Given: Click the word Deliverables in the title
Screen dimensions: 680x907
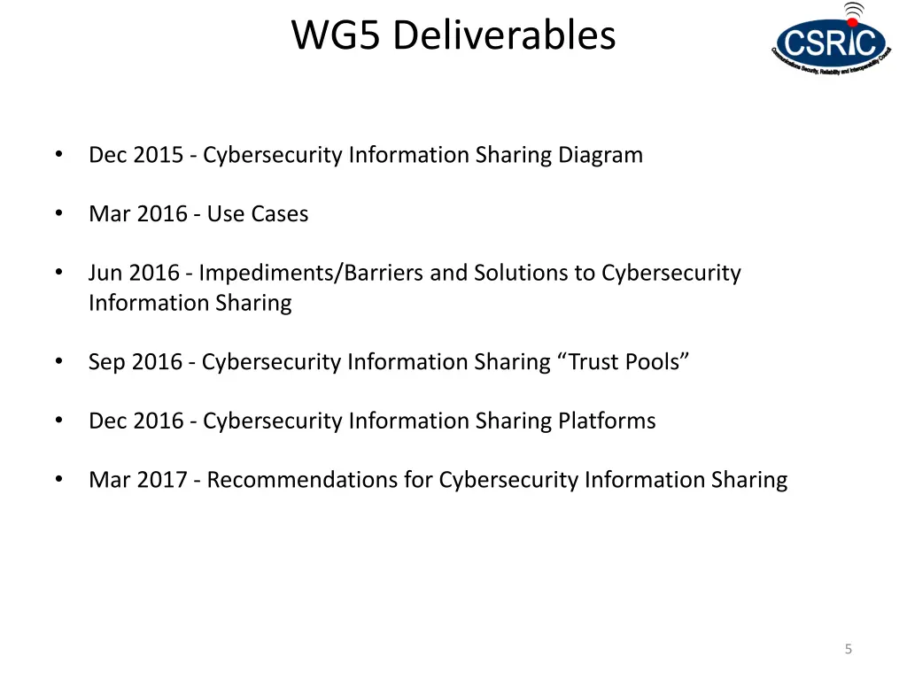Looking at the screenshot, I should pyautogui.click(x=504, y=36).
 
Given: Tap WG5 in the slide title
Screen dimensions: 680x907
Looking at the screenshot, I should pyautogui.click(x=338, y=36).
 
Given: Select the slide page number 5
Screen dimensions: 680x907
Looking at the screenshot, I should pyautogui.click(x=848, y=649).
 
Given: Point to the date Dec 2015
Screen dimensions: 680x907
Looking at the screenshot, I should pyautogui.click(x=136, y=155).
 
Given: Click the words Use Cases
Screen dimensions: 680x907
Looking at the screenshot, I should pyautogui.click(x=258, y=214).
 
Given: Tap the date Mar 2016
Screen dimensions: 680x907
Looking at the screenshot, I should pyautogui.click(x=137, y=214).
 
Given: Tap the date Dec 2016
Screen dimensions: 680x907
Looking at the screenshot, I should pyautogui.click(x=136, y=421).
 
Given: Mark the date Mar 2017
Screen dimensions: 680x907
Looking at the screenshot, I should pyautogui.click(x=137, y=480).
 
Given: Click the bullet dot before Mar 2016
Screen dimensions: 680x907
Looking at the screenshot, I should pyautogui.click(x=58, y=213).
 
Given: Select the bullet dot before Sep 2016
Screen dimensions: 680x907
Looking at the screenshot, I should pyautogui.click(x=58, y=361).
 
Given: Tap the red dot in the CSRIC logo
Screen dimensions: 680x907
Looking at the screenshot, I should pyautogui.click(x=853, y=21).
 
